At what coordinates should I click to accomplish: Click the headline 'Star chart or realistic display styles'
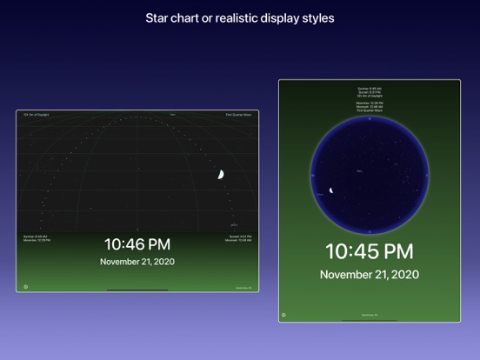[x=240, y=17]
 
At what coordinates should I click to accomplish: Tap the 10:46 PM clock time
[x=137, y=244]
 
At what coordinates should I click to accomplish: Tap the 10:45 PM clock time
[x=369, y=251]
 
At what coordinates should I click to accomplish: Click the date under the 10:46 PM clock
[x=137, y=262]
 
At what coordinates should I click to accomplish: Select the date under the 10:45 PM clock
[x=369, y=275]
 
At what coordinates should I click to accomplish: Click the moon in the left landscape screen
[x=221, y=175]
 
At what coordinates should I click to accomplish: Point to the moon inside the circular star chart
[x=331, y=190]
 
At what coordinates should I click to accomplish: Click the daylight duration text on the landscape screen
[x=37, y=114]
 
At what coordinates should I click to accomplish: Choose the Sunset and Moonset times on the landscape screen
[x=239, y=237]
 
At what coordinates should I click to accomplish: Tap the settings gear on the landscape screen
[x=25, y=286]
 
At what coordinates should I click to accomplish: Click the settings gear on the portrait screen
[x=284, y=316]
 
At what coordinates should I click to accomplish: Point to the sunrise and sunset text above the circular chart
[x=369, y=90]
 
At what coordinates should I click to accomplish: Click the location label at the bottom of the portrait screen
[x=369, y=316]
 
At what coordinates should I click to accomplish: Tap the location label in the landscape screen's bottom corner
[x=243, y=287]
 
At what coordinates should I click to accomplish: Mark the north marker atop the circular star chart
[x=369, y=118]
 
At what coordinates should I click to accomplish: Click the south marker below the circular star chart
[x=369, y=232]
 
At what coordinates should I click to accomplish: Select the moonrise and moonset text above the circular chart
[x=369, y=104]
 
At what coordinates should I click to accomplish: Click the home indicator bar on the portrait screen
[x=369, y=319]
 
